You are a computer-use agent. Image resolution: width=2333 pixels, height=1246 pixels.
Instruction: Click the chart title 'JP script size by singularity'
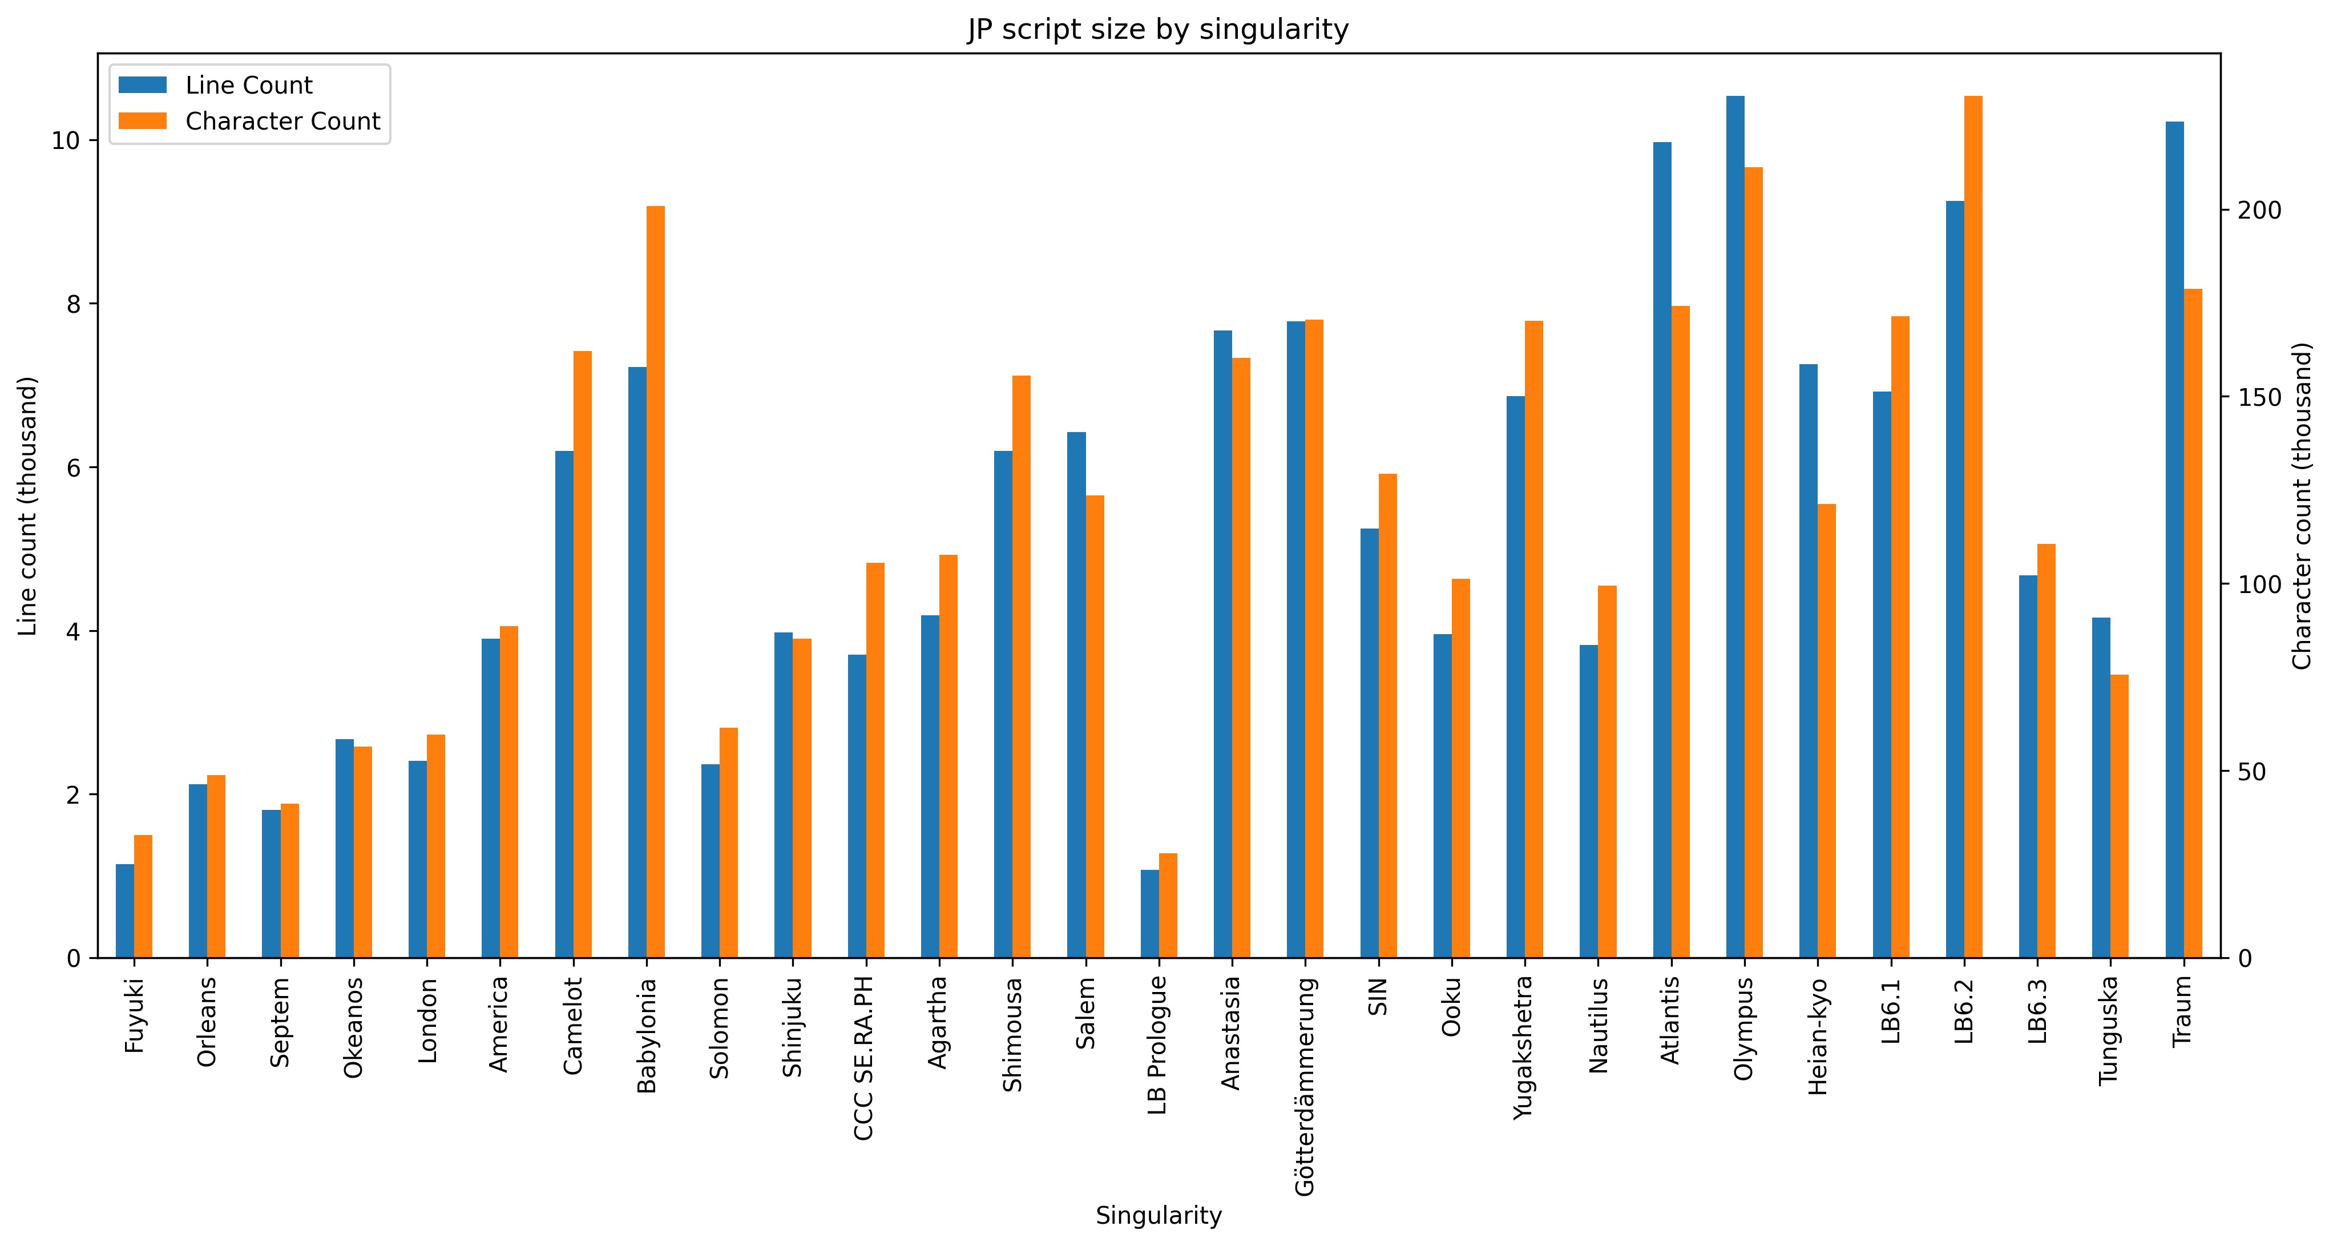pyautogui.click(x=1157, y=30)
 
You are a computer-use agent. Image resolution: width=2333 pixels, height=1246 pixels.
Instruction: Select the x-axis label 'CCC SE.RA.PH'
pyautogui.click(x=865, y=1058)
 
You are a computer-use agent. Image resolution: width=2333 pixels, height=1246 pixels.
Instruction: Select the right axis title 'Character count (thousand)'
pyautogui.click(x=2303, y=505)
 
